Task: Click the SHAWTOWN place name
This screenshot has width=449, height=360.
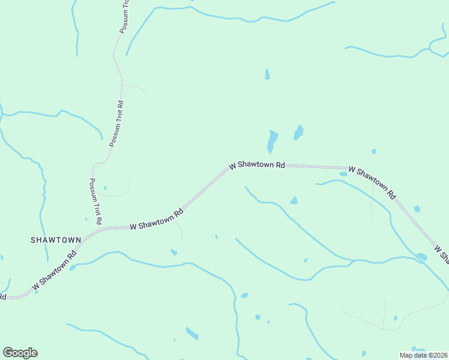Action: [56, 239]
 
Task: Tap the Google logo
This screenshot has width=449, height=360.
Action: [20, 353]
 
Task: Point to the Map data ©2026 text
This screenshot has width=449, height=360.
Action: [423, 355]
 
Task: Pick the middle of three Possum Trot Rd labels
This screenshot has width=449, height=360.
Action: [116, 124]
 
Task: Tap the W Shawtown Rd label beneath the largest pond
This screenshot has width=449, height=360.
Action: [256, 164]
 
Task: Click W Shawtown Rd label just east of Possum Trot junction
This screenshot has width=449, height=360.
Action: [156, 220]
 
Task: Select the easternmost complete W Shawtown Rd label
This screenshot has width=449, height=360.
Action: [373, 182]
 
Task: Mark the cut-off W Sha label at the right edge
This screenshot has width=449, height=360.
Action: [442, 253]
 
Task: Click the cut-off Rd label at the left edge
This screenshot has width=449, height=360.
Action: [2, 296]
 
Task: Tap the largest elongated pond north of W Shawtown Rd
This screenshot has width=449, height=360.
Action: [272, 142]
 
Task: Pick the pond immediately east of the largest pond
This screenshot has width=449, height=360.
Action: [298, 132]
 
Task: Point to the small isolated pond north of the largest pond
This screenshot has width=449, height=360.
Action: [267, 74]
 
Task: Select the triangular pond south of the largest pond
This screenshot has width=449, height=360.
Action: [294, 200]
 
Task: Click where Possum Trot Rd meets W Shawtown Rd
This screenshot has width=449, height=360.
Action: [99, 229]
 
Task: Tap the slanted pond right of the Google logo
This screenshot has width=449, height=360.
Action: [192, 333]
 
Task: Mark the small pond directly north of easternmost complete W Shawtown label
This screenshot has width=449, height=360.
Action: [373, 151]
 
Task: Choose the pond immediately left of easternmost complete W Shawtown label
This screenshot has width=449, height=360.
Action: [343, 174]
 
